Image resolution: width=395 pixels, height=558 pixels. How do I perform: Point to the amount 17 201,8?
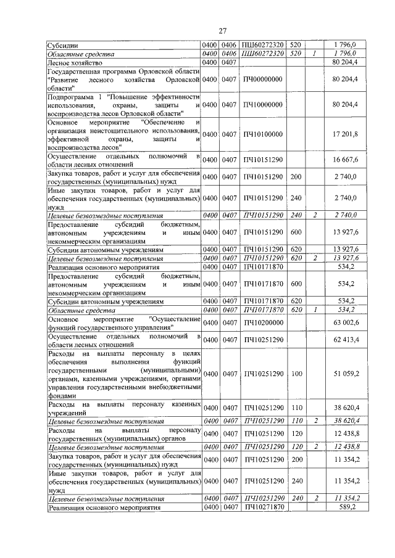pos(344,134)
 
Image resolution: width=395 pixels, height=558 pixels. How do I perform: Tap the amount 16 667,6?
pos(344,160)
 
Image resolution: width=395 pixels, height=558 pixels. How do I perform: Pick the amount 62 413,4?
pos(344,340)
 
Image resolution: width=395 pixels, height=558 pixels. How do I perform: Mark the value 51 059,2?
pos(344,374)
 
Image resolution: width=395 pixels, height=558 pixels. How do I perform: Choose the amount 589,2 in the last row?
pos(344,506)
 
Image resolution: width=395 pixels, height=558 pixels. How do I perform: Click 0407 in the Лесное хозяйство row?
pos(230,62)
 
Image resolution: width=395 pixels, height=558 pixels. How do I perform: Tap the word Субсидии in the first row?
pos(64,45)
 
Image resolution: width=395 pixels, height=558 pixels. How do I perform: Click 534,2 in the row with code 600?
pos(344,284)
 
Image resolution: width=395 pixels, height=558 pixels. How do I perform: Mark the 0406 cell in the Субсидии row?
pos(230,45)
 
